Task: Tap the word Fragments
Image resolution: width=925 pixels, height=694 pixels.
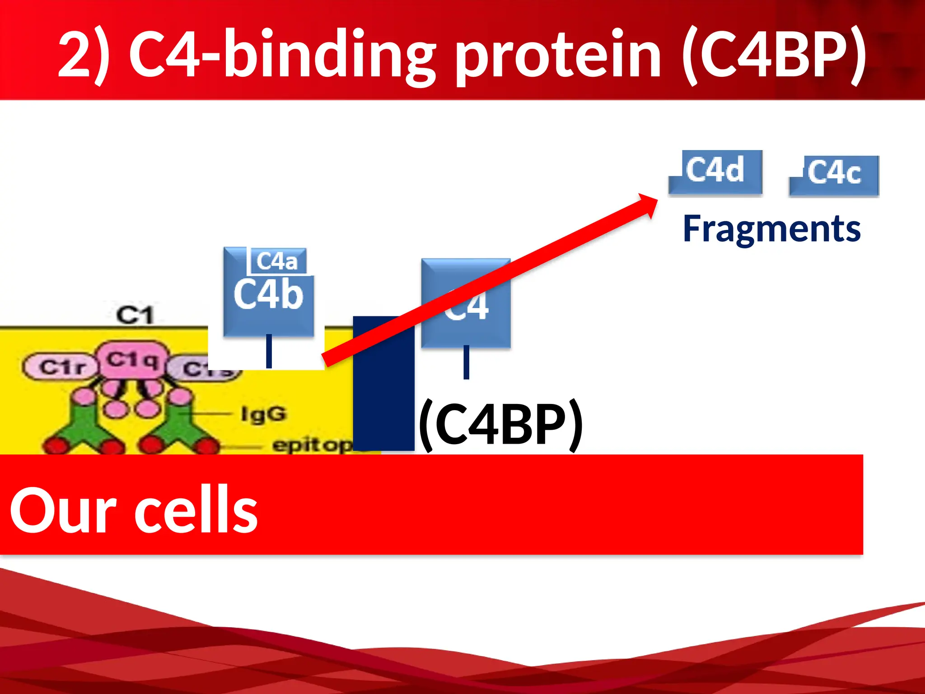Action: (771, 229)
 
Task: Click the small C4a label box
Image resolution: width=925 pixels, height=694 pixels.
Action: (277, 261)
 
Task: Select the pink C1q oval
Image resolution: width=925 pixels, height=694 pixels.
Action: (132, 360)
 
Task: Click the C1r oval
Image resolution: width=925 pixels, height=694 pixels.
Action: (61, 366)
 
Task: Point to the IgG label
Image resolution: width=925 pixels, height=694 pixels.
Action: (263, 413)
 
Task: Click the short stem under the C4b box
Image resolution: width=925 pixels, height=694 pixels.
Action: (269, 351)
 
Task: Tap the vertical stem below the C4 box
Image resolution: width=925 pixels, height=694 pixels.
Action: (466, 362)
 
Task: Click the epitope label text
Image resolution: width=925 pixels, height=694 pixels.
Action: (312, 445)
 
